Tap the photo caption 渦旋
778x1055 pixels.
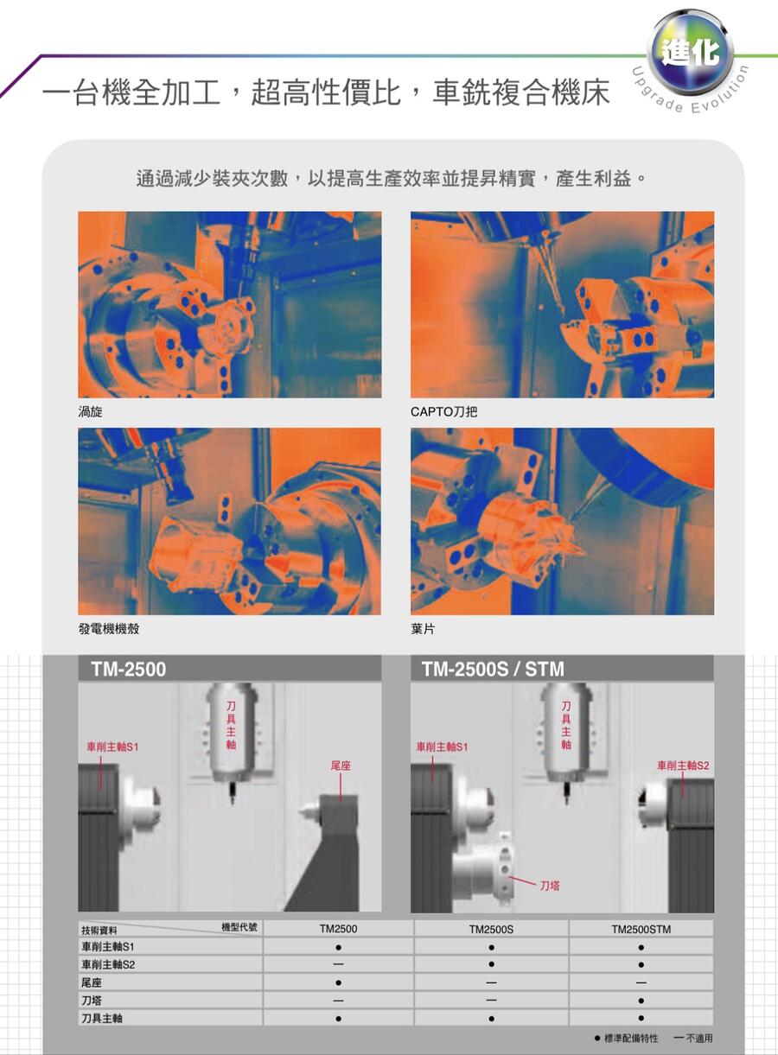click(x=90, y=412)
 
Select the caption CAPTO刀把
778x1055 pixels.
click(x=444, y=412)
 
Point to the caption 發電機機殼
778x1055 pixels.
click(x=109, y=629)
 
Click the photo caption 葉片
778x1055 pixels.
click(x=423, y=629)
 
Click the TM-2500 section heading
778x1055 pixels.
click(x=129, y=670)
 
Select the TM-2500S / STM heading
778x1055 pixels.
click(x=493, y=670)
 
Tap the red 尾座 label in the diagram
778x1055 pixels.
click(x=341, y=766)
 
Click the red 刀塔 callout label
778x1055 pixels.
click(x=550, y=886)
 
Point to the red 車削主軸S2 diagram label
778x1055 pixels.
click(x=683, y=766)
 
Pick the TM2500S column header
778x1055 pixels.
click(x=491, y=929)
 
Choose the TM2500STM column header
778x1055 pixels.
click(x=641, y=929)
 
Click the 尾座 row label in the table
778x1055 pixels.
click(x=92, y=983)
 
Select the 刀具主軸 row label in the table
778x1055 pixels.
click(x=102, y=1019)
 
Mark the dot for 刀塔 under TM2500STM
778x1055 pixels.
click(x=641, y=1001)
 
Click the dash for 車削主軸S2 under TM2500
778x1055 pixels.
click(x=338, y=964)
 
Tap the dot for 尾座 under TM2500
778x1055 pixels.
click(x=338, y=983)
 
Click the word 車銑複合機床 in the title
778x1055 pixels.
click(x=521, y=92)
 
